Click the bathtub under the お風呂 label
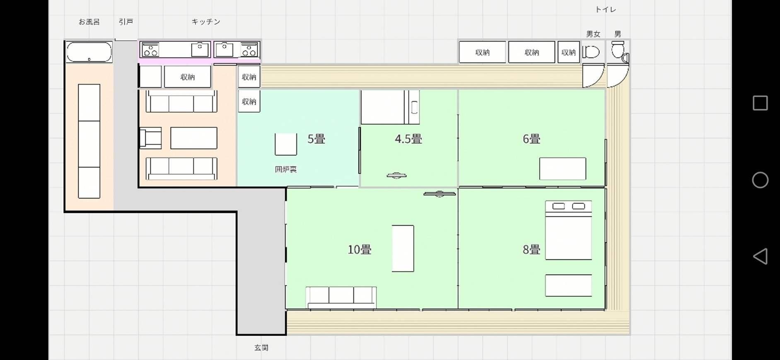[89, 52]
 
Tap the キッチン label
[205, 22]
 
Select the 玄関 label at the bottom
[261, 348]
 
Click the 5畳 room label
[316, 139]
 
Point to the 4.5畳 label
[408, 139]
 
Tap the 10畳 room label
[359, 249]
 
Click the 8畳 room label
[531, 249]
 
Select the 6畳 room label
[531, 139]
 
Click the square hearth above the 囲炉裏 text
[285, 144]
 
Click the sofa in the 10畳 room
[341, 297]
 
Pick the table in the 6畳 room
[562, 169]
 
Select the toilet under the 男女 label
[592, 53]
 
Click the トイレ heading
[605, 10]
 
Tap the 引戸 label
[126, 22]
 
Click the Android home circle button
[760, 180]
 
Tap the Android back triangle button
[760, 256]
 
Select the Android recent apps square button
[760, 103]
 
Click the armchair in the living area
[151, 138]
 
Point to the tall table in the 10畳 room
[403, 249]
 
